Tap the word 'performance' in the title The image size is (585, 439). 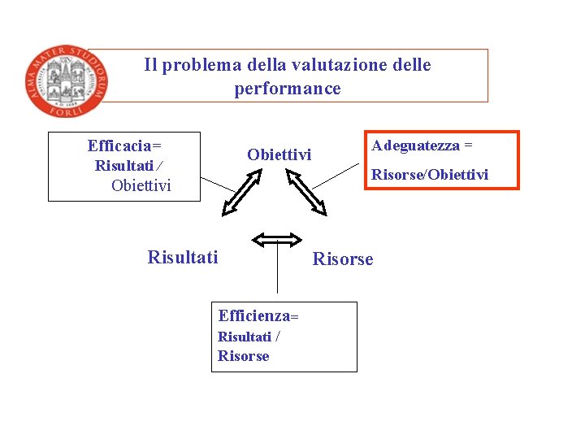point(288,89)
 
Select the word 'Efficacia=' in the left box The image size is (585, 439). point(124,146)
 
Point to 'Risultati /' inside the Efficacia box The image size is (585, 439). point(128,166)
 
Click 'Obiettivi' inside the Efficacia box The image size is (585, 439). point(141,186)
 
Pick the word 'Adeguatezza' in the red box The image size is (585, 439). point(415,146)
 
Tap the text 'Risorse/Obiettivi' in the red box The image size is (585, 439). point(430,174)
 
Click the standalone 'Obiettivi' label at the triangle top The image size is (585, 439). point(279,154)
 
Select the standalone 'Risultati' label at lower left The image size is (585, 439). point(183,258)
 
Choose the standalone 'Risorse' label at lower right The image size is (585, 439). point(343,259)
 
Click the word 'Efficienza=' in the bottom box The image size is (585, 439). point(258,315)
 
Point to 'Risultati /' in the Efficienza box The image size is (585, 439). point(249,337)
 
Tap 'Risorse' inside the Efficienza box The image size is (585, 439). point(243,356)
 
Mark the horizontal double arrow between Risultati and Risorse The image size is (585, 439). point(277,239)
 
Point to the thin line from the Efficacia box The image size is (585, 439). point(217,184)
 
